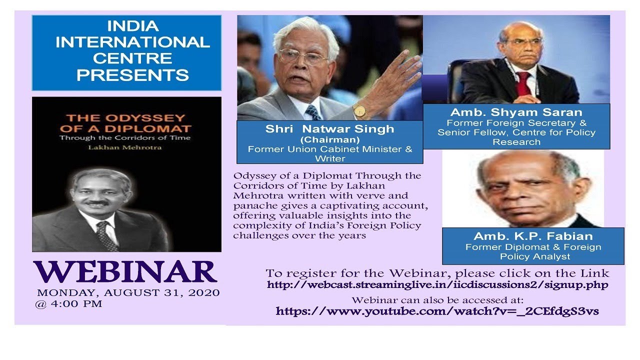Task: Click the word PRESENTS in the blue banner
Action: [x=132, y=75]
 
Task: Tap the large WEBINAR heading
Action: [x=125, y=271]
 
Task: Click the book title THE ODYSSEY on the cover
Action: [x=125, y=118]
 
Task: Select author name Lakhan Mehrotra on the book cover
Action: [x=125, y=147]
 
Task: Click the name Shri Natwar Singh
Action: [x=329, y=129]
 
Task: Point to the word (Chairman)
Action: [x=329, y=139]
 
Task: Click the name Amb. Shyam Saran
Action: [x=516, y=112]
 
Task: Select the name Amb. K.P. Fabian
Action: [x=533, y=236]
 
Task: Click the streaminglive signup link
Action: [x=437, y=285]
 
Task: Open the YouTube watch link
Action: [x=437, y=311]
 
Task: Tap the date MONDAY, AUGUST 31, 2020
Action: [x=128, y=292]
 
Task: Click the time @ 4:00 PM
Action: [x=68, y=303]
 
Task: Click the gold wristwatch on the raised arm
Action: [x=359, y=111]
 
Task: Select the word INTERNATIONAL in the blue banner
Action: [x=132, y=42]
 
